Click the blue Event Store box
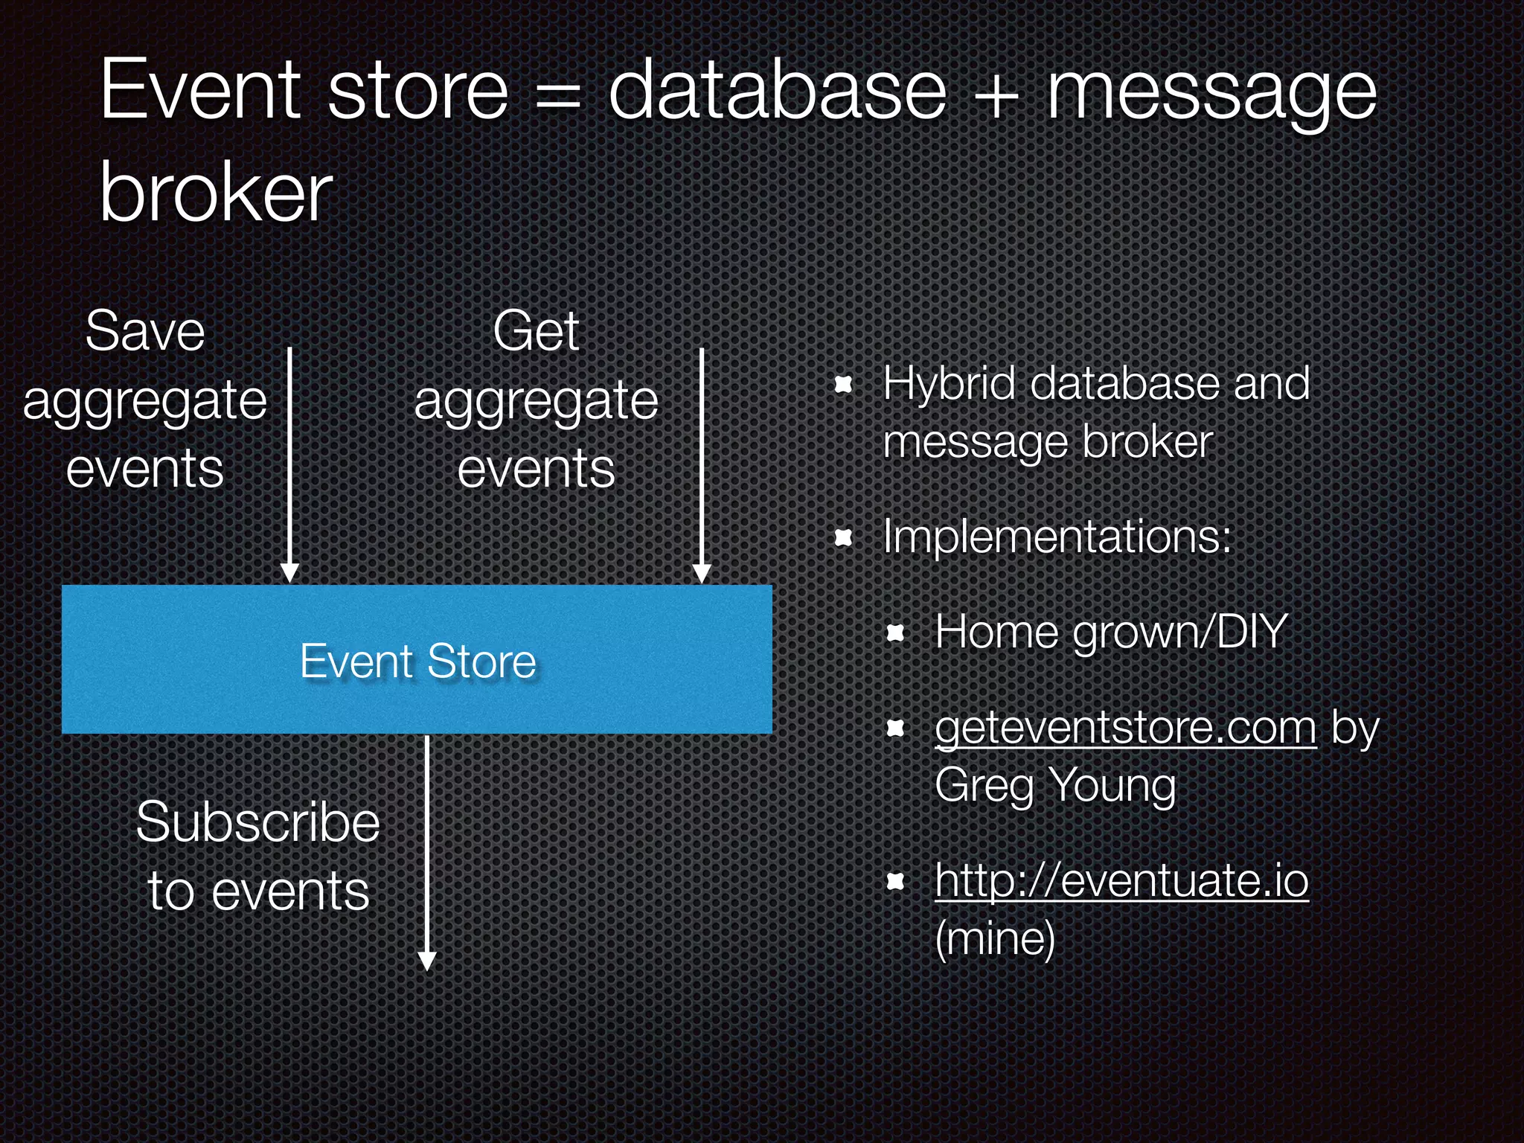[x=417, y=660]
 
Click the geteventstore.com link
[x=1125, y=728]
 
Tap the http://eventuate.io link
[x=1121, y=880]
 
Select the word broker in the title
[x=216, y=193]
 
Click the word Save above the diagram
[x=145, y=331]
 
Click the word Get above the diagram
[x=536, y=331]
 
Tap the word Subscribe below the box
[x=257, y=823]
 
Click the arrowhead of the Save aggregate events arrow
[x=290, y=573]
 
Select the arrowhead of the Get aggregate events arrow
[x=702, y=573]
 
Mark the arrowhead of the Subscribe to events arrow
[x=427, y=961]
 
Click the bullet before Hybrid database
[x=843, y=385]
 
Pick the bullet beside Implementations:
[x=843, y=537]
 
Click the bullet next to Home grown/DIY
[x=895, y=633]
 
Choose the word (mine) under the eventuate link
[x=995, y=938]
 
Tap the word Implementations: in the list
[x=1057, y=536]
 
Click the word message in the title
[x=1211, y=93]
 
